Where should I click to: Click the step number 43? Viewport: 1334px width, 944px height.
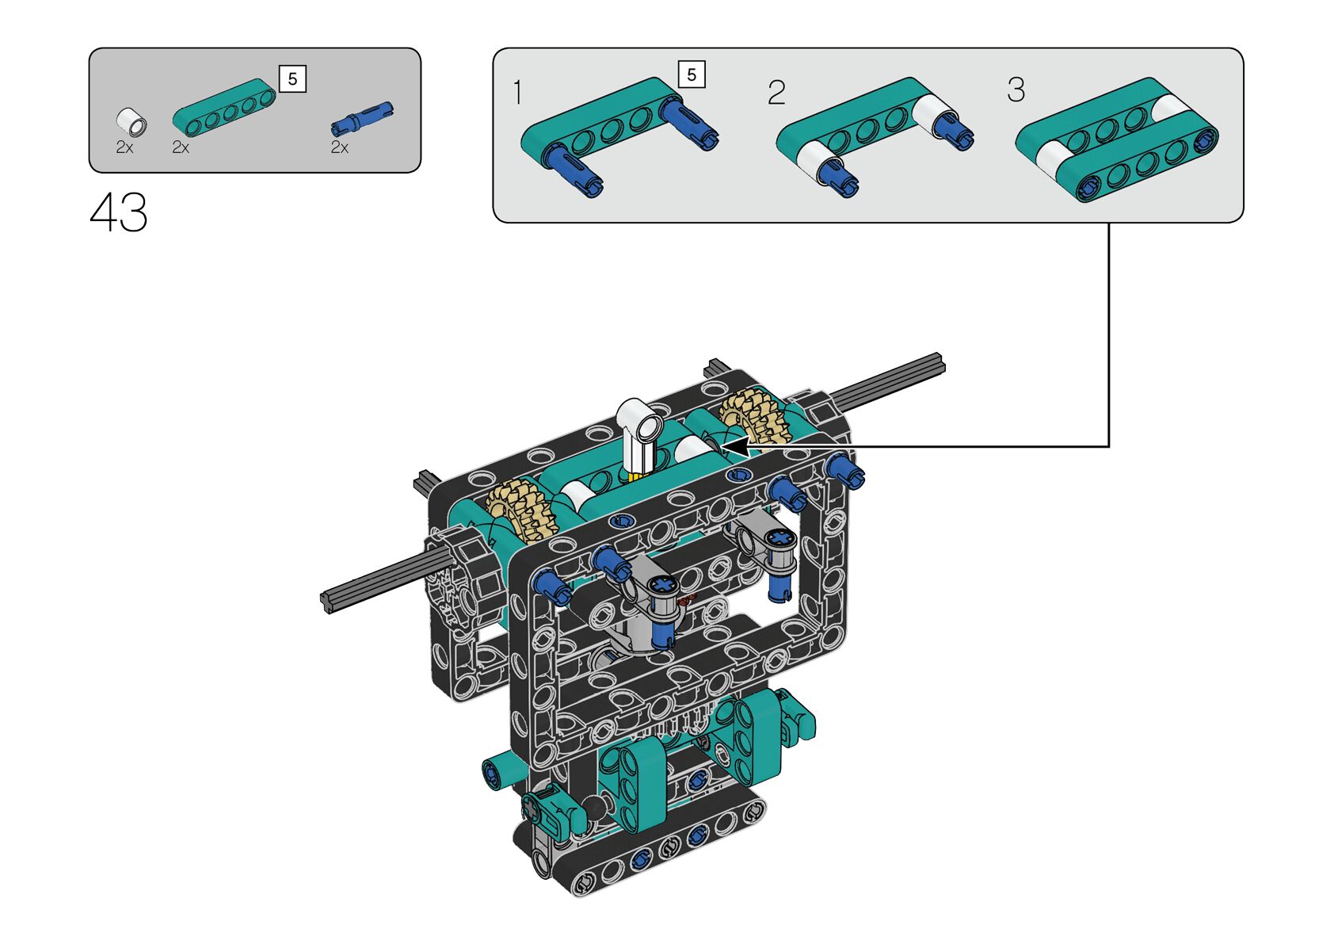pyautogui.click(x=119, y=212)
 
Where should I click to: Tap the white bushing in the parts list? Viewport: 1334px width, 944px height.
pyautogui.click(x=131, y=123)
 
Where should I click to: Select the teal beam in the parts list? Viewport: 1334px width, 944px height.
pyautogui.click(x=224, y=107)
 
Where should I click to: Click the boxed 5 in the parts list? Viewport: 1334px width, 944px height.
pyautogui.click(x=292, y=78)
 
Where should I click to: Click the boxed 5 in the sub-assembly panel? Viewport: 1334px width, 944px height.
pyautogui.click(x=692, y=75)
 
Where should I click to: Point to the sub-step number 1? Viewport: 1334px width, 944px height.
pyautogui.click(x=517, y=93)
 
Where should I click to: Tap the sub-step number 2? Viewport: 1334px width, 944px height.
pyautogui.click(x=776, y=93)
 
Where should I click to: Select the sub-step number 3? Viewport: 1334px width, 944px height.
pyautogui.click(x=1016, y=90)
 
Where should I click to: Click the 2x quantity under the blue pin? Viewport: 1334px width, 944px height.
pyautogui.click(x=340, y=147)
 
